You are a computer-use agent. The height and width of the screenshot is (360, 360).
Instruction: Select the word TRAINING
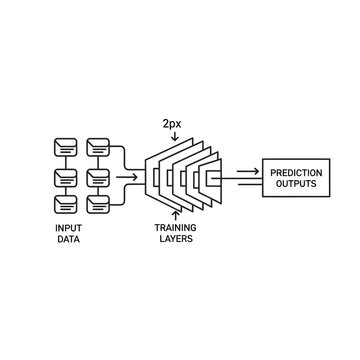point(175,228)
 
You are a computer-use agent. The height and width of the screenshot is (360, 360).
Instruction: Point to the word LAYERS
point(175,240)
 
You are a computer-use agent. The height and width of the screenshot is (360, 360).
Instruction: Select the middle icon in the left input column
point(63,177)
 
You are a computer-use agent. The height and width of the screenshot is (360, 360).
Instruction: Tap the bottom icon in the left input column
point(63,205)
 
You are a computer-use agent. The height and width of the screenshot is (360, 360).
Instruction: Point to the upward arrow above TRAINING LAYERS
point(175,212)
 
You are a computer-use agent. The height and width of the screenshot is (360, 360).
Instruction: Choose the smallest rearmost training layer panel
point(213,177)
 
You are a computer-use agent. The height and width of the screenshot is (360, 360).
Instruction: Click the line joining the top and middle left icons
point(63,162)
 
